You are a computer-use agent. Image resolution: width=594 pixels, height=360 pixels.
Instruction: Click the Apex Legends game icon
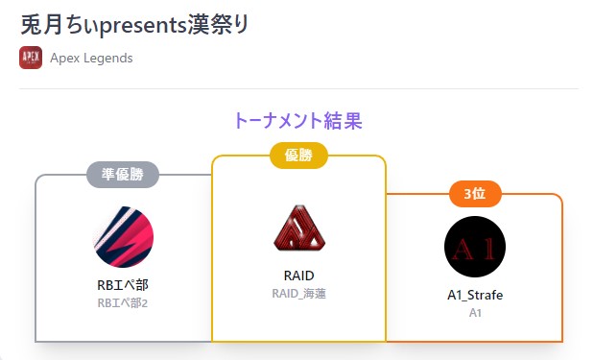31,58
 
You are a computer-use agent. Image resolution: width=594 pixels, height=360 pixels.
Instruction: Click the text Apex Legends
91,58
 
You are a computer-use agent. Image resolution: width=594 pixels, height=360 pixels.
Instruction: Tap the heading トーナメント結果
297,121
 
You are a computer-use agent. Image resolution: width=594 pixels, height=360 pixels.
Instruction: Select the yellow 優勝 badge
298,156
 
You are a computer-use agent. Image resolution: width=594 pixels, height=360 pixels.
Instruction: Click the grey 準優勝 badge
123,175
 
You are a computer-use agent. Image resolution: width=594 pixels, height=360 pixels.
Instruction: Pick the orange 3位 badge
474,194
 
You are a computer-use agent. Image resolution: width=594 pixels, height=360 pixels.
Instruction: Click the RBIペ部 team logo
123,236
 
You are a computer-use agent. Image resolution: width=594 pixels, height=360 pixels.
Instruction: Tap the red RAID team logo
298,228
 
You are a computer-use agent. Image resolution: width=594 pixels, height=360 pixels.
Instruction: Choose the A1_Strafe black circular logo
474,247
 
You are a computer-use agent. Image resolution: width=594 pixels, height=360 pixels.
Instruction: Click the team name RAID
298,276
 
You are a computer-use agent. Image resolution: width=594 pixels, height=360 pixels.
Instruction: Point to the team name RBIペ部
123,285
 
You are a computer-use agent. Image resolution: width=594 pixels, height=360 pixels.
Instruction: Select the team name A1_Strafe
474,295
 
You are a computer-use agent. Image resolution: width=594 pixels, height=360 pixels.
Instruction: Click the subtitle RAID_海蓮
298,294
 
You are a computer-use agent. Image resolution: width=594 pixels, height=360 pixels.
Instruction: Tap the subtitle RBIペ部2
123,302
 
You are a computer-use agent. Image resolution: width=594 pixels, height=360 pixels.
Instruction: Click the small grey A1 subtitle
474,312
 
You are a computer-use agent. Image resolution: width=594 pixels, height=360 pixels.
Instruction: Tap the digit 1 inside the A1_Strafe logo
487,248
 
